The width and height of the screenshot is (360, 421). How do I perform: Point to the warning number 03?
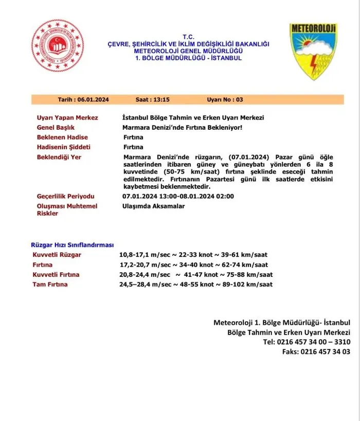240,99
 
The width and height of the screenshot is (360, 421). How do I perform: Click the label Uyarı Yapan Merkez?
67,118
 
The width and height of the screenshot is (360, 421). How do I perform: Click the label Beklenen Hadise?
62,137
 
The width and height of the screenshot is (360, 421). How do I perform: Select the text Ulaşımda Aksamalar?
154,206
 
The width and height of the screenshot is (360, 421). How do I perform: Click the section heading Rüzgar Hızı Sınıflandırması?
73,245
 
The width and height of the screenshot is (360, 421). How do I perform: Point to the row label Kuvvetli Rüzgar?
57,255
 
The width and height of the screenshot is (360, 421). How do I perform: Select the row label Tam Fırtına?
50,284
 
